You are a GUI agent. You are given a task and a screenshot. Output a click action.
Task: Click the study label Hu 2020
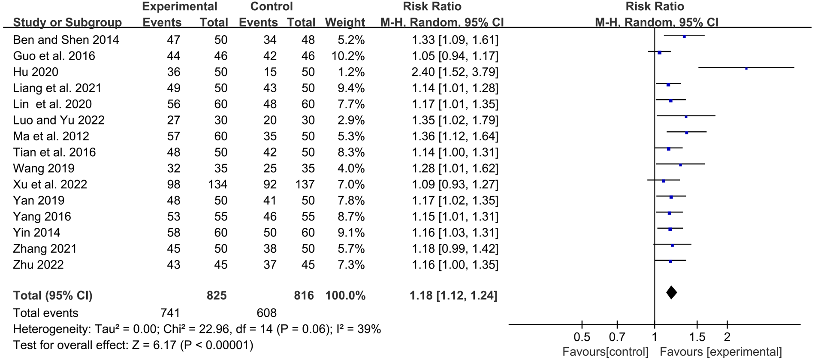pyautogui.click(x=36, y=72)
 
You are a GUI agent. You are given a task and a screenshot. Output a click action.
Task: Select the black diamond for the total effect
pyautogui.click(x=672, y=293)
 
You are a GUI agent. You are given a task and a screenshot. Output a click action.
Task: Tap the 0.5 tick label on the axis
pyautogui.click(x=582, y=337)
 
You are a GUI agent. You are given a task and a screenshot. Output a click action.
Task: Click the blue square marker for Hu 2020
pyautogui.click(x=746, y=68)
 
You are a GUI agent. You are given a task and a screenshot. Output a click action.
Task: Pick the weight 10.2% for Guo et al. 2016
pyautogui.click(x=347, y=56)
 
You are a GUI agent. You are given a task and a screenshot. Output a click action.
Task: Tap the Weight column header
pyautogui.click(x=345, y=22)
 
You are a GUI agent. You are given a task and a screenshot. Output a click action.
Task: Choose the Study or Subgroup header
pyautogui.click(x=67, y=22)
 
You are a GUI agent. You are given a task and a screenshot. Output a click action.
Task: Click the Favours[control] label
pyautogui.click(x=605, y=352)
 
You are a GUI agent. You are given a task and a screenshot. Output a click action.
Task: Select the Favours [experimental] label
pyautogui.click(x=721, y=352)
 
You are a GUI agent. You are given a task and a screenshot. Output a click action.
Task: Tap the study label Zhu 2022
pyautogui.click(x=38, y=265)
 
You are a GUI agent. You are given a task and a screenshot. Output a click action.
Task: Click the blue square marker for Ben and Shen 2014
pyautogui.click(x=684, y=36)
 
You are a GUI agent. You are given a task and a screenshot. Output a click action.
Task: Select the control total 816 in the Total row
pyautogui.click(x=304, y=296)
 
